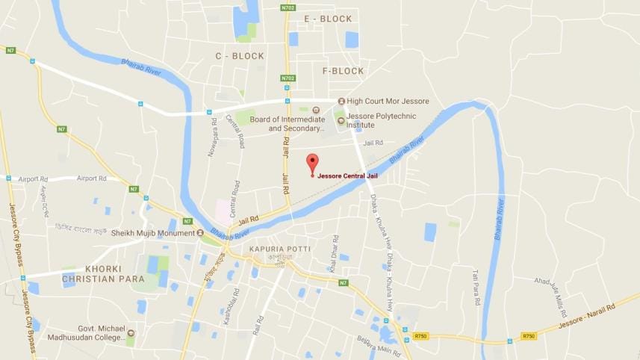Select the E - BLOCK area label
click(x=328, y=19)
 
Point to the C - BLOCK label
click(x=240, y=56)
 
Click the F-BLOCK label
click(x=343, y=71)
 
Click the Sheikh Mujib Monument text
click(x=152, y=233)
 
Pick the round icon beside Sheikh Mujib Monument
click(x=200, y=233)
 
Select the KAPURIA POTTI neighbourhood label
click(x=279, y=248)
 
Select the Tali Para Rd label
click(x=475, y=287)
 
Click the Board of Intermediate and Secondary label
click(x=288, y=123)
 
